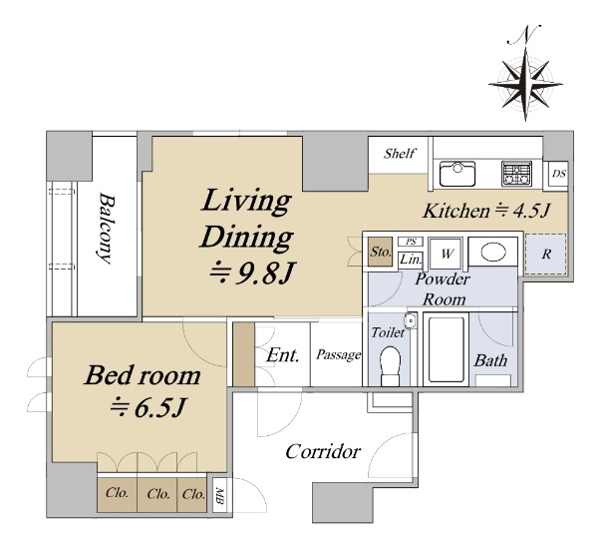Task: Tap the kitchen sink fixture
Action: coord(457,174)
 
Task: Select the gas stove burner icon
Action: coord(516,174)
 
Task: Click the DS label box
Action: coord(559,174)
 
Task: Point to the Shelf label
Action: coord(400,154)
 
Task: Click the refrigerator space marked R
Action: coord(546,254)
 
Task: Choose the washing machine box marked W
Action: coord(447,254)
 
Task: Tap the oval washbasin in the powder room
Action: coord(493,253)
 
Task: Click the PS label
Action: coord(411,242)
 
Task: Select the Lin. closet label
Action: coord(411,260)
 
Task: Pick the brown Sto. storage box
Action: coord(381,252)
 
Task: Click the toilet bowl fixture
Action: coord(390,366)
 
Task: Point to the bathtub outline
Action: coord(446,349)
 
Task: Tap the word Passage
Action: coord(338,354)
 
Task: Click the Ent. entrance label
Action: coord(283,354)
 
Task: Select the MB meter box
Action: coord(219,495)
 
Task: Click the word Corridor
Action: coord(323,452)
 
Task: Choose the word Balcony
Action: coord(106,228)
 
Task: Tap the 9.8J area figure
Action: coord(252,273)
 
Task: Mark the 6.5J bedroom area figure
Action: coord(148,408)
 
